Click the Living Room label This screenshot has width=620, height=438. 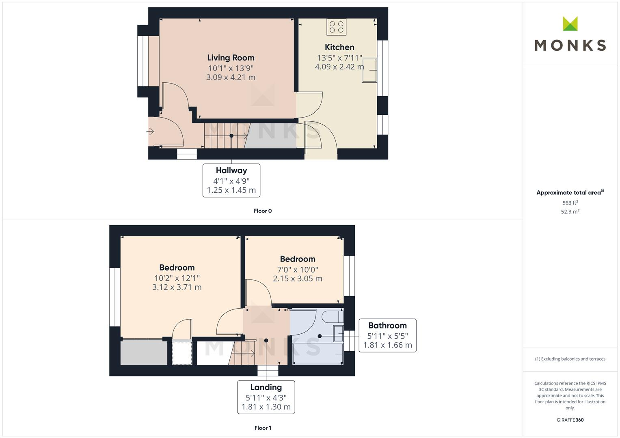coord(231,58)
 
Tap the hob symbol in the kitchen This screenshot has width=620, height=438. coord(337,27)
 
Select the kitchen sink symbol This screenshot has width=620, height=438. coord(369,70)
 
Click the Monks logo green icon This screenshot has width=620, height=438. coord(570,24)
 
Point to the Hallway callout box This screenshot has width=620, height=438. coord(231,180)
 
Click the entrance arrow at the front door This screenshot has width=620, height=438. coord(150,131)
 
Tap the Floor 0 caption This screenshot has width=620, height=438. coord(263,211)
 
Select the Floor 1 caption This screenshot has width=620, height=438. coord(263,428)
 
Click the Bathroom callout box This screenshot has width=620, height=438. coord(387,335)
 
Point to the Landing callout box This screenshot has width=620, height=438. coord(266,397)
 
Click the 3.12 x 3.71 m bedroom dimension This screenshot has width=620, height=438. coord(177,287)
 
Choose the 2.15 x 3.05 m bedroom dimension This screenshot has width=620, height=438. coord(298,279)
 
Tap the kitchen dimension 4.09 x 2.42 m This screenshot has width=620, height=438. coord(339,67)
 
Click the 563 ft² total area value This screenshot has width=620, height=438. coord(570,203)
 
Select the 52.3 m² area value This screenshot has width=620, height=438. coord(570,212)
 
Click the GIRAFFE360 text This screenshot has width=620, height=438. coord(570,420)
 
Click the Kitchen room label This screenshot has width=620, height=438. coord(339,47)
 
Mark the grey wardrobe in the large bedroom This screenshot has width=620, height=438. coord(144,352)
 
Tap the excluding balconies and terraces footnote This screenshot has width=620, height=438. coord(570,359)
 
